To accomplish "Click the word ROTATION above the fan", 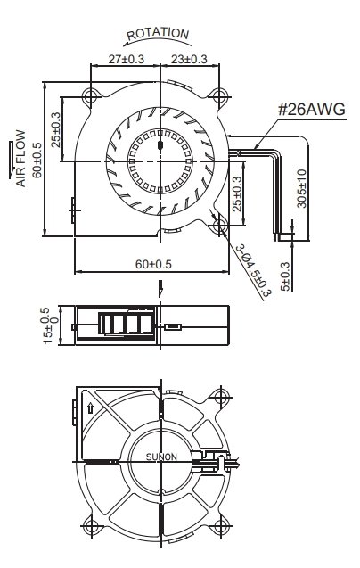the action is coord(158,34).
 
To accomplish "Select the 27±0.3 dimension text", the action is coord(126,59).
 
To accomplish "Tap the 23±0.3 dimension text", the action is coord(189,59).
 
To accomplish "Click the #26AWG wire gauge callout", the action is coord(312,109).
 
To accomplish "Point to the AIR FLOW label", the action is coord(21,159).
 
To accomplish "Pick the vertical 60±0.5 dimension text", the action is coord(37,161).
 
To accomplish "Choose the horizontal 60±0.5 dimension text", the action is coord(153,264).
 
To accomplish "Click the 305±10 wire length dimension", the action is coord(301,189).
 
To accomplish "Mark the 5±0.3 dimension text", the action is coord(285,276).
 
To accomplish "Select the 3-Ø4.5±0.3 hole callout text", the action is coord(253,271).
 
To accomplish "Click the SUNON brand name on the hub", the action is coord(161,457).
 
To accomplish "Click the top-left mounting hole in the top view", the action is coord(89,96).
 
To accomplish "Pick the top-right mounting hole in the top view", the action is coord(219,96).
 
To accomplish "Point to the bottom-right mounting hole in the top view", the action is coord(219,226).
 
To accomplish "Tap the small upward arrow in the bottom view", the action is coord(90,408).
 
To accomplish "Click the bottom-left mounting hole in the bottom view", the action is coord(89,526).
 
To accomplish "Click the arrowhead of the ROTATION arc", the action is coord(126,45).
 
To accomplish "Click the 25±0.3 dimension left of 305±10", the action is coord(237,193).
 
